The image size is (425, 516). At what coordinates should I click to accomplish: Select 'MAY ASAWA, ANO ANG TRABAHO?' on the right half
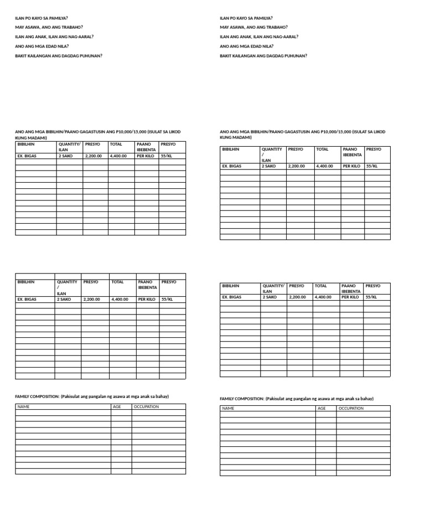[x=253, y=27]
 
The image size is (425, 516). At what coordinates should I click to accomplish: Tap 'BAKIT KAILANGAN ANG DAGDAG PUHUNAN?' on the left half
[x=58, y=55]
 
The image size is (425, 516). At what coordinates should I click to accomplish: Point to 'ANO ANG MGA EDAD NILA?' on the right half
[x=247, y=46]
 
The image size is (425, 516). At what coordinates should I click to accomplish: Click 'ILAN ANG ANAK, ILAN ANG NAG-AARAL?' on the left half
[x=54, y=37]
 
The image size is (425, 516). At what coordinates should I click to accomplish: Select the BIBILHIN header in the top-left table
[x=26, y=144]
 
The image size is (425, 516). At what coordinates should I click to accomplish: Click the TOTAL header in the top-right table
[x=323, y=149]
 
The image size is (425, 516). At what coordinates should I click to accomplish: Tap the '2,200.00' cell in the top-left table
[x=94, y=156]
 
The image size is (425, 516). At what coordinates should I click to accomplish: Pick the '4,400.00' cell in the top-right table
[x=325, y=166]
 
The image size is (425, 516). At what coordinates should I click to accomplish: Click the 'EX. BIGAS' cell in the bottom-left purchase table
[x=27, y=299]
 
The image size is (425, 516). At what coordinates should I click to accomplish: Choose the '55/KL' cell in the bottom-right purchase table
[x=371, y=297]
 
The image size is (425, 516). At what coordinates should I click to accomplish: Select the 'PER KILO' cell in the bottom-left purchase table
[x=147, y=299]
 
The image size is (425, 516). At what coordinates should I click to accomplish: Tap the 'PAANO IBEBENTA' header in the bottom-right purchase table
[x=351, y=288]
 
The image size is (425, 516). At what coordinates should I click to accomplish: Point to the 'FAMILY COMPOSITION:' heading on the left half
[x=37, y=396]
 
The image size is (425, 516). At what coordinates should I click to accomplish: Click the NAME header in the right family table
[x=228, y=408]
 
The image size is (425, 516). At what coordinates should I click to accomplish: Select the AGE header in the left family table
[x=117, y=406]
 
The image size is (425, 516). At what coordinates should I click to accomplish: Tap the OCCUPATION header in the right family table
[x=351, y=408]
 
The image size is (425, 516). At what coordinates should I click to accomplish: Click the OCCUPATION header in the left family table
[x=146, y=406]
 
